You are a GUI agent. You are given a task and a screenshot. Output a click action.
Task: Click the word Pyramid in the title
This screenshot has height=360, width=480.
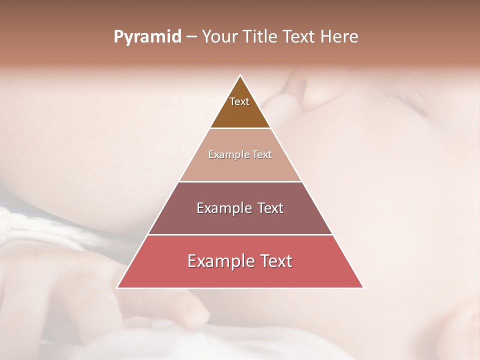tap(147, 37)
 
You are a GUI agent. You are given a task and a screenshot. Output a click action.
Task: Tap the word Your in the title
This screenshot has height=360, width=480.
tap(219, 37)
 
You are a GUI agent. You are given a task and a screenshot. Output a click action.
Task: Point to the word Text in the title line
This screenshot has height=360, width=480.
tap(299, 37)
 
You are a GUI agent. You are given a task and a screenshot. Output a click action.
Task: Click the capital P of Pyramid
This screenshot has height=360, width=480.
tap(118, 37)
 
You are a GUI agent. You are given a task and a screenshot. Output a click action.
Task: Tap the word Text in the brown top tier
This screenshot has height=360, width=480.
tap(239, 101)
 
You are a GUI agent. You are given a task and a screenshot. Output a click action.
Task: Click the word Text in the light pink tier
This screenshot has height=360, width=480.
tap(262, 155)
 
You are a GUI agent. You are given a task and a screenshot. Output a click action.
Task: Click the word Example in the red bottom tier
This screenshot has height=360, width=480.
tap(217, 261)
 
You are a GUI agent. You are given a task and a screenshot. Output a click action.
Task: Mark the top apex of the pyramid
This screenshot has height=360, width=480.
tap(240, 75)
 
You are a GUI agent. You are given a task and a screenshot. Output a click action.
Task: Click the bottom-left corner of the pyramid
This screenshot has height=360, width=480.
tap(117, 287)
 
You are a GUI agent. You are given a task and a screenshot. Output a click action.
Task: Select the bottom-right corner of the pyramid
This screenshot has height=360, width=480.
tap(363, 287)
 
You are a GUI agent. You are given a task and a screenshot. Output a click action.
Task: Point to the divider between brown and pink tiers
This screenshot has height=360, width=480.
tap(240, 128)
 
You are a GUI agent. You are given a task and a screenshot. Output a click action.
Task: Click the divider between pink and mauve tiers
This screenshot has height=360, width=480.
tap(240, 181)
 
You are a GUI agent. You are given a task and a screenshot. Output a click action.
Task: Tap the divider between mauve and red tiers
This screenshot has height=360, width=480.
tap(240, 234)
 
